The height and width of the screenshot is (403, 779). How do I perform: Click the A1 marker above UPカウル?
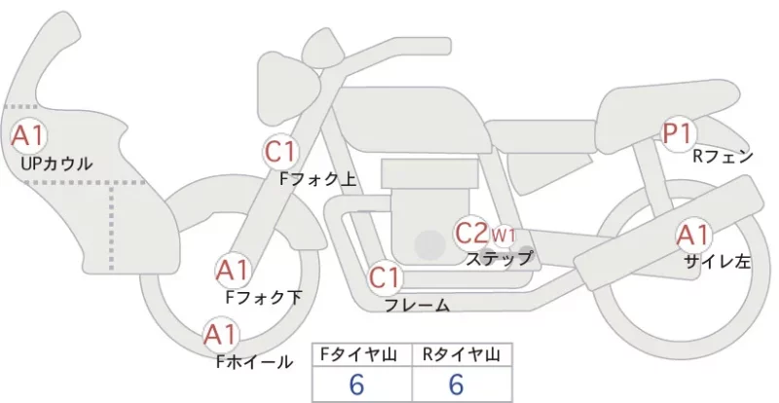[x=28, y=135]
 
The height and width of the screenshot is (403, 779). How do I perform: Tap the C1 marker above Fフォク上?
[x=281, y=152]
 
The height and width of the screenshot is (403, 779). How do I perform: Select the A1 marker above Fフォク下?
[x=233, y=271]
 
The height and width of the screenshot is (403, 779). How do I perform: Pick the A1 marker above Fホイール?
[x=221, y=334]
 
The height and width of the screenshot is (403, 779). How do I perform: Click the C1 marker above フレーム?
[x=385, y=277]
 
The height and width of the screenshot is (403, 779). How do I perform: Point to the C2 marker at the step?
[x=471, y=233]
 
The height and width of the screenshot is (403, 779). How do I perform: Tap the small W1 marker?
[x=503, y=235]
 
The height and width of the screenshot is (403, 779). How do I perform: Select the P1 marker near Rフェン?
[x=679, y=133]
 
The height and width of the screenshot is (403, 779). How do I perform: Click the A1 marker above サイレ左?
[x=693, y=236]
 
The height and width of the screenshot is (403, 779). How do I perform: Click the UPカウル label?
[x=56, y=164]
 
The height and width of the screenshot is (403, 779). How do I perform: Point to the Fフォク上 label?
[x=318, y=179]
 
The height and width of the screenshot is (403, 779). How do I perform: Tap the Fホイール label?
[x=254, y=362]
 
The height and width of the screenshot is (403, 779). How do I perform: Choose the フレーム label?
[x=418, y=305]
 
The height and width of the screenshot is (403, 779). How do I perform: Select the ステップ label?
[x=499, y=258]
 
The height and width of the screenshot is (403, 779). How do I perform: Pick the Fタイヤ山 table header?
[x=358, y=354]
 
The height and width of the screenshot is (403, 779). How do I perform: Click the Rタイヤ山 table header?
[x=462, y=354]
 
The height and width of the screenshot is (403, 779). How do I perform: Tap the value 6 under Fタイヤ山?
[x=356, y=385]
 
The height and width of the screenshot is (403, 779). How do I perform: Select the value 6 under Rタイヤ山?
[x=456, y=385]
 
